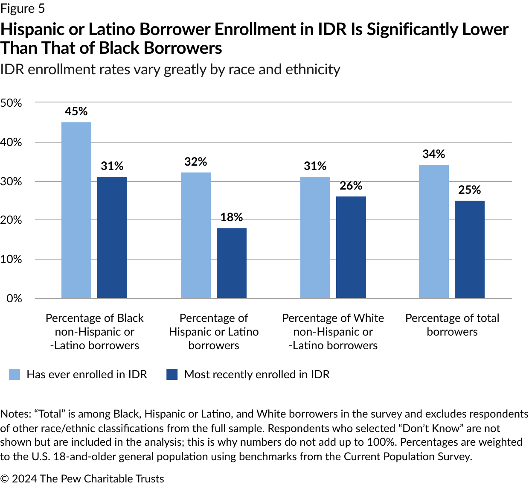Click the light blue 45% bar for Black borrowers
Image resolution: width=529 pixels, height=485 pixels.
76,210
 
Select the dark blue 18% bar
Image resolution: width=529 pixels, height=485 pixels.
232,263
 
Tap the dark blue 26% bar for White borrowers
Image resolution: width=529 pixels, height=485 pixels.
351,247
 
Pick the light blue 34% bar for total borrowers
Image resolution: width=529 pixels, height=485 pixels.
434,231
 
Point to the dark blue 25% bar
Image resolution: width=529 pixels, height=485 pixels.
470,249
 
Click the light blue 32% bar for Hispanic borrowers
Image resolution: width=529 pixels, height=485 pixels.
196,235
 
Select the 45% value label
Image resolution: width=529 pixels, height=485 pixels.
76,111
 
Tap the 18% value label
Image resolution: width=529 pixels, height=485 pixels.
232,217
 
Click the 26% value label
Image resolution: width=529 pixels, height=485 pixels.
351,186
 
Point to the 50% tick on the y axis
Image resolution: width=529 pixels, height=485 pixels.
11,103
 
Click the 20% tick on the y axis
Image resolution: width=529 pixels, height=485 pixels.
11,220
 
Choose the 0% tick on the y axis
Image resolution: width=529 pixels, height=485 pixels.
14,298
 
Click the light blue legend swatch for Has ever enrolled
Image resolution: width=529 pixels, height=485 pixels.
15,374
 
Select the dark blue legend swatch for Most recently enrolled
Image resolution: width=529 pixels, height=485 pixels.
172,374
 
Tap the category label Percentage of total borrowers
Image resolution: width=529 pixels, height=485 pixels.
452,325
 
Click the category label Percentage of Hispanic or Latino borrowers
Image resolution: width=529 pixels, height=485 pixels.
214,332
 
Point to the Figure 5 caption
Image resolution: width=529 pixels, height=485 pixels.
22,9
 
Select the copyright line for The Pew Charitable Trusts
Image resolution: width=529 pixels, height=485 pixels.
82,479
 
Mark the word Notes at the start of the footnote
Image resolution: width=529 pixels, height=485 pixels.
15,414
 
